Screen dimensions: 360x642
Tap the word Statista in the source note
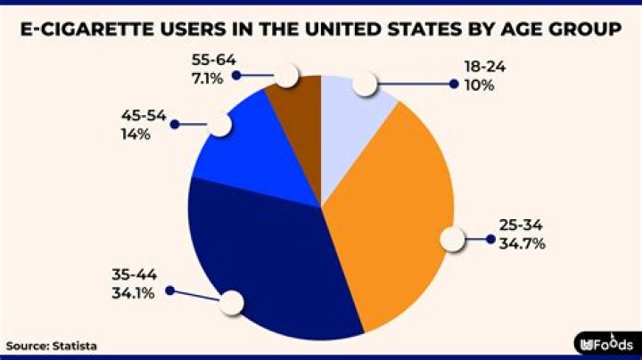(x=75, y=346)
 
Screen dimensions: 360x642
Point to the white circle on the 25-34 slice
(x=454, y=239)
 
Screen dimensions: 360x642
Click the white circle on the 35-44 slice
(x=232, y=302)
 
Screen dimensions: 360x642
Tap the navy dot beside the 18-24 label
(x=454, y=85)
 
